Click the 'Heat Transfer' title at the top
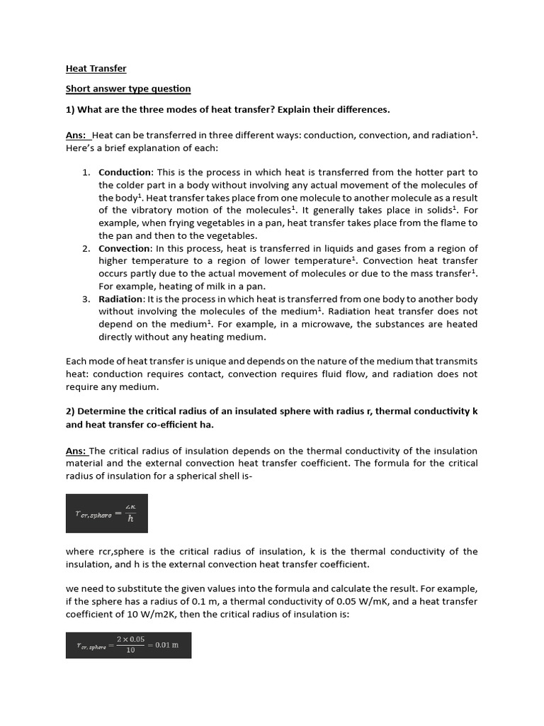point(96,69)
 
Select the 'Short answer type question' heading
point(128,89)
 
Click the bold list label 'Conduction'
point(125,172)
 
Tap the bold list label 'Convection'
point(124,248)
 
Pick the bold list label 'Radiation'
point(120,299)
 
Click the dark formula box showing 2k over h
point(106,513)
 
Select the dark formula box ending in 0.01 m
point(128,645)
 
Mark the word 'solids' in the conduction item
point(438,211)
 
